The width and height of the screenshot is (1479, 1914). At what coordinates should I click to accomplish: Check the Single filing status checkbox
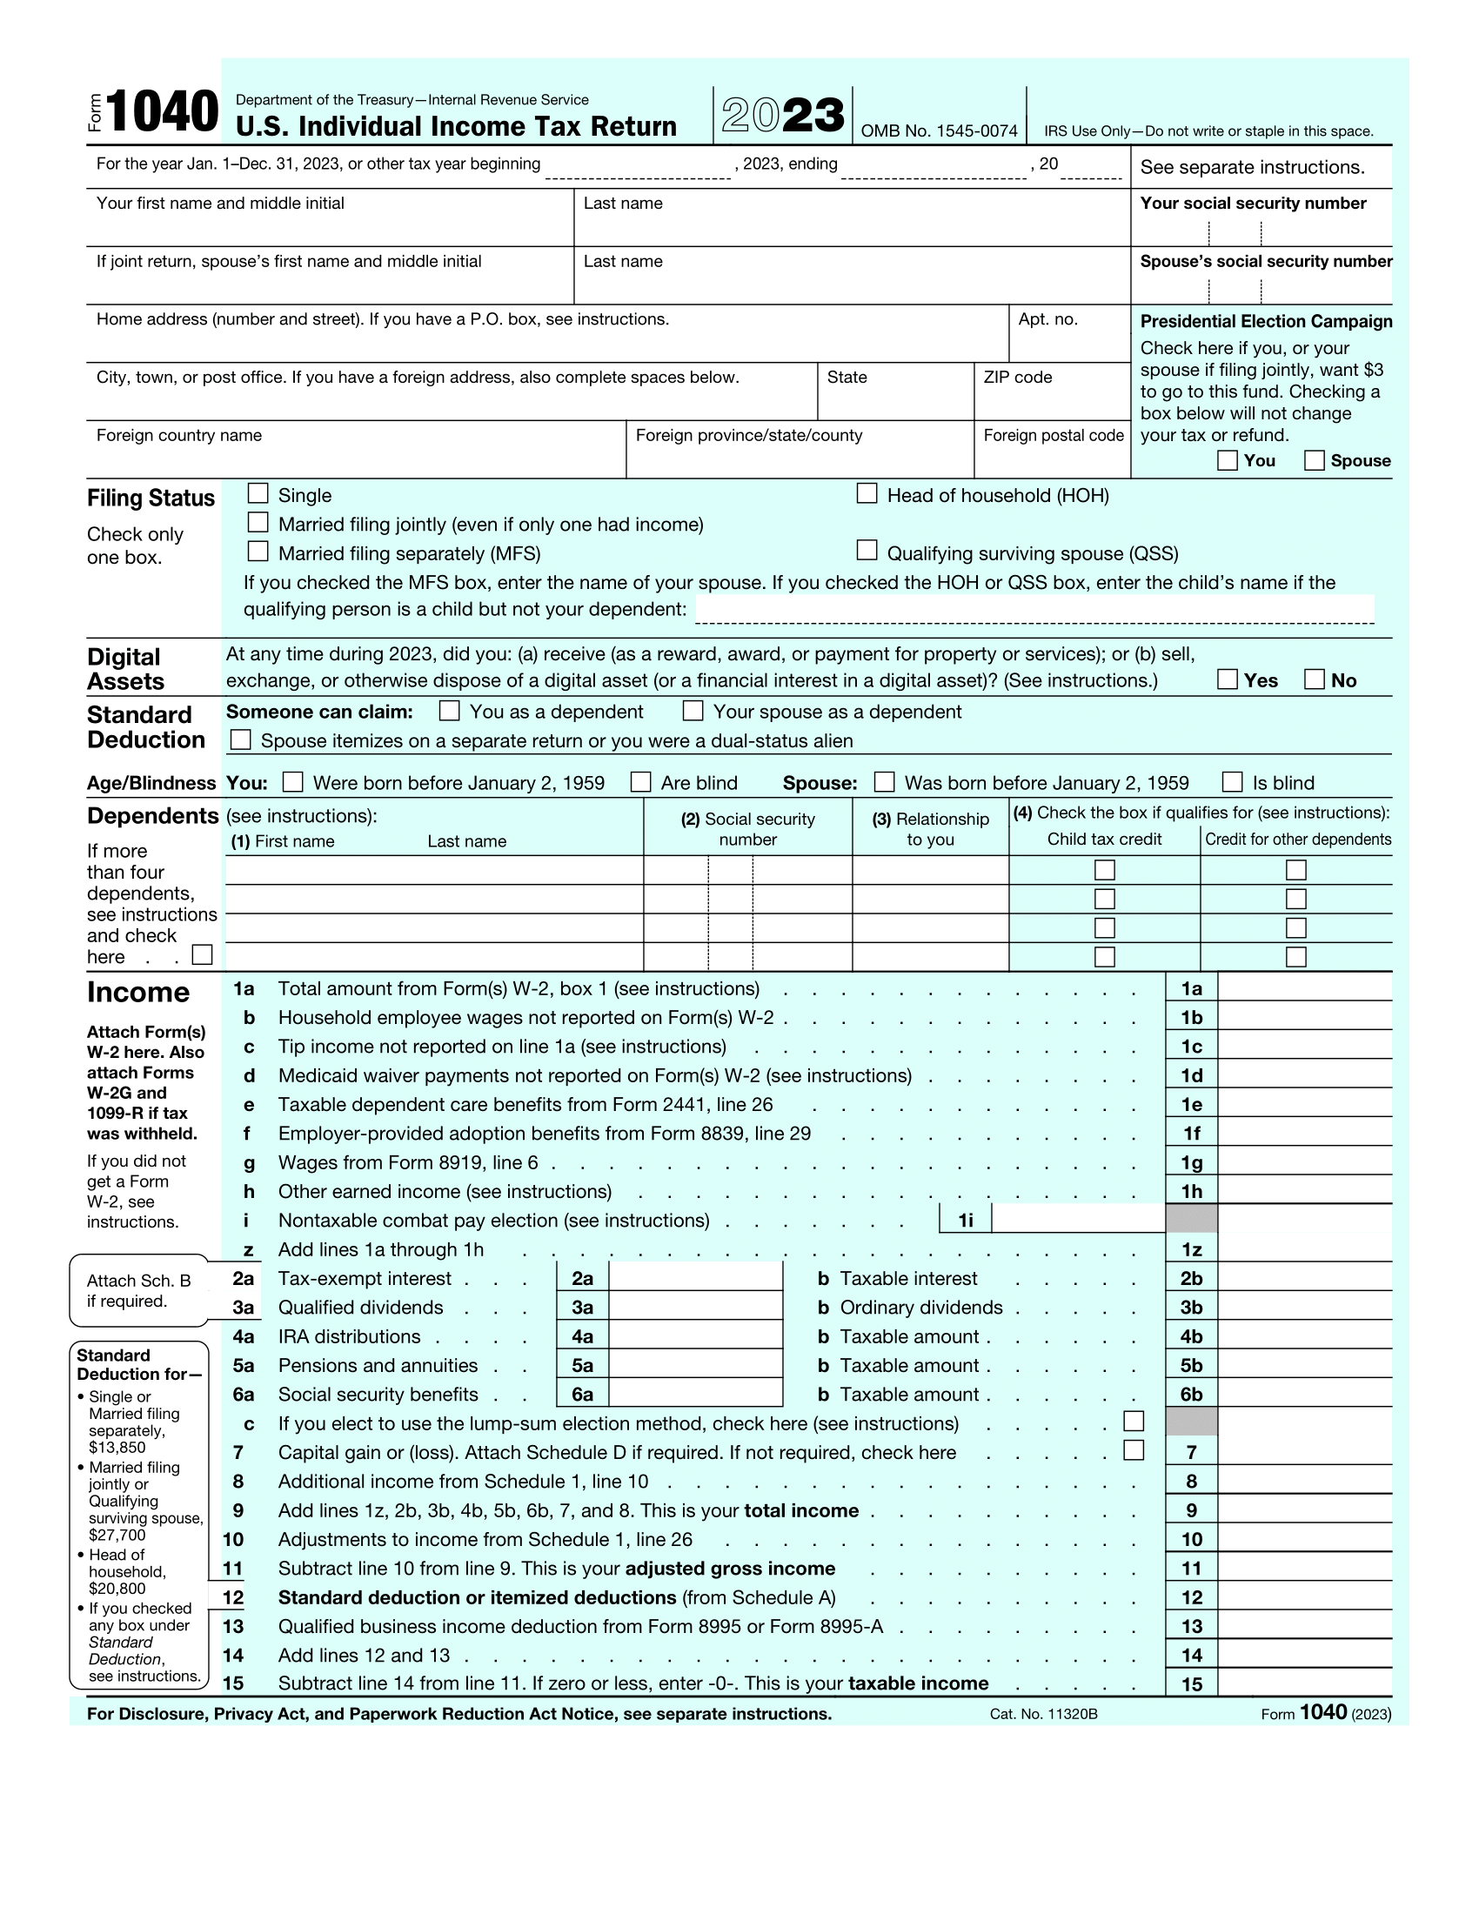click(x=258, y=493)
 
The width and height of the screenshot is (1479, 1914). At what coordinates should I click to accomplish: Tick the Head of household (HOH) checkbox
click(x=867, y=493)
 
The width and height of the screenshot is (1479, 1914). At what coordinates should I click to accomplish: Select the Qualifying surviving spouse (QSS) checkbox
click(x=867, y=551)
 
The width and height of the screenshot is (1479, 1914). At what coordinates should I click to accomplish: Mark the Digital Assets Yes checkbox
click(x=1228, y=679)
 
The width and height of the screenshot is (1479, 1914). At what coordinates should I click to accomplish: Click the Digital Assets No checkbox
click(x=1315, y=679)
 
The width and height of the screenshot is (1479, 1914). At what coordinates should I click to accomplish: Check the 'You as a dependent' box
click(x=450, y=710)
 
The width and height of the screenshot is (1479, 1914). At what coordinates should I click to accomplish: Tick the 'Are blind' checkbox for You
click(x=641, y=782)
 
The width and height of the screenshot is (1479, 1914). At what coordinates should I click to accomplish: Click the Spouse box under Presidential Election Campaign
click(x=1315, y=460)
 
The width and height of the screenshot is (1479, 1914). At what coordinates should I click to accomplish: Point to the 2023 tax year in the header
click(x=782, y=115)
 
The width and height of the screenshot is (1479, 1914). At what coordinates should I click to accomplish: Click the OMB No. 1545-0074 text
click(x=939, y=131)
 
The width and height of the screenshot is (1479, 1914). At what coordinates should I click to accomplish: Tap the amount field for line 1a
click(x=1304, y=987)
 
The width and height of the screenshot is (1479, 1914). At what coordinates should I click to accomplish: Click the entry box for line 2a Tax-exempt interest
click(x=695, y=1277)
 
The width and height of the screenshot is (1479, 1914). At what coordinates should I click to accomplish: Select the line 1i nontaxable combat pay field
click(x=1078, y=1219)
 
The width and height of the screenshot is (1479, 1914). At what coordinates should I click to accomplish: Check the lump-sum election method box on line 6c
click(x=1134, y=1421)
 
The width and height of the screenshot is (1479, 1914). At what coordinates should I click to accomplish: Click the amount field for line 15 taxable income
click(x=1304, y=1683)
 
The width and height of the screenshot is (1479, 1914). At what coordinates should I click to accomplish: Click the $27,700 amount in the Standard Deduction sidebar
click(x=117, y=1535)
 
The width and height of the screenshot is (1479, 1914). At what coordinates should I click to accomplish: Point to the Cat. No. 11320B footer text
click(x=1042, y=1714)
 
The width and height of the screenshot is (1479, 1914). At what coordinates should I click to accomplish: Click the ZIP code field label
click(x=1017, y=378)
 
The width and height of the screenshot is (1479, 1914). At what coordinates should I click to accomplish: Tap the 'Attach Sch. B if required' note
click(x=138, y=1290)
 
